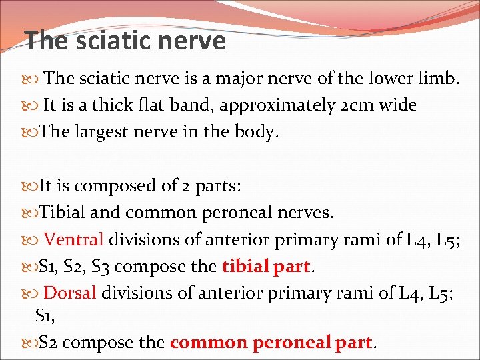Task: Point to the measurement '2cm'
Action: pyautogui.click(x=353, y=105)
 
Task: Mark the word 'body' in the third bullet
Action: pyautogui.click(x=257, y=132)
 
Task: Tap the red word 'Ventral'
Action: pyautogui.click(x=73, y=239)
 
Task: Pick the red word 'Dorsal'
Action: pyautogui.click(x=70, y=292)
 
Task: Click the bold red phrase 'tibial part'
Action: pyautogui.click(x=266, y=266)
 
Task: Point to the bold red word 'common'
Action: pyautogui.click(x=208, y=343)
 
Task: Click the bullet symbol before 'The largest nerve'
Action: pyautogui.click(x=33, y=133)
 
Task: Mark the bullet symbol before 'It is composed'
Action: pyautogui.click(x=33, y=186)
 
